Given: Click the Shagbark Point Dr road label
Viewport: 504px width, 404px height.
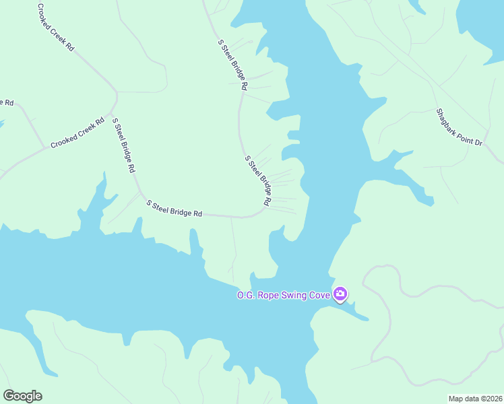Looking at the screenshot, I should coord(460,127).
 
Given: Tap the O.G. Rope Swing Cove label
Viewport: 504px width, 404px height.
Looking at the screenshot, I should coord(283,295).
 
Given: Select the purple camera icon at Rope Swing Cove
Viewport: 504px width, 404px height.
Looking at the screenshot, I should coord(340,294).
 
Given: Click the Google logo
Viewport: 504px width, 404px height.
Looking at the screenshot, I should coord(22,396).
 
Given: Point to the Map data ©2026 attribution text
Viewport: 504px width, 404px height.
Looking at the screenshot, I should coord(474,399).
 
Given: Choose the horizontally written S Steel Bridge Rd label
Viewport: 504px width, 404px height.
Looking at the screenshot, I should coord(175,209).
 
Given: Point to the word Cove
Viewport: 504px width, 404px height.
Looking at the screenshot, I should coord(320,295).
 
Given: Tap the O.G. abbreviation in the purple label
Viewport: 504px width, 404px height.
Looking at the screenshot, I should coord(243,295).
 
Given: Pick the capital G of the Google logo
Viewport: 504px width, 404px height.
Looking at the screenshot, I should coord(9,396).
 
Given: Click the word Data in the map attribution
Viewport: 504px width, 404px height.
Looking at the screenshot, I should coord(468,399).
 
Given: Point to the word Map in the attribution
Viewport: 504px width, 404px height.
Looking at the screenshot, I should coord(455,399).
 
